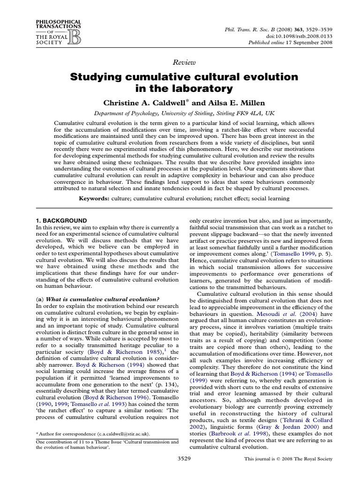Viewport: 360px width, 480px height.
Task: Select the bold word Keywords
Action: (94, 199)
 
